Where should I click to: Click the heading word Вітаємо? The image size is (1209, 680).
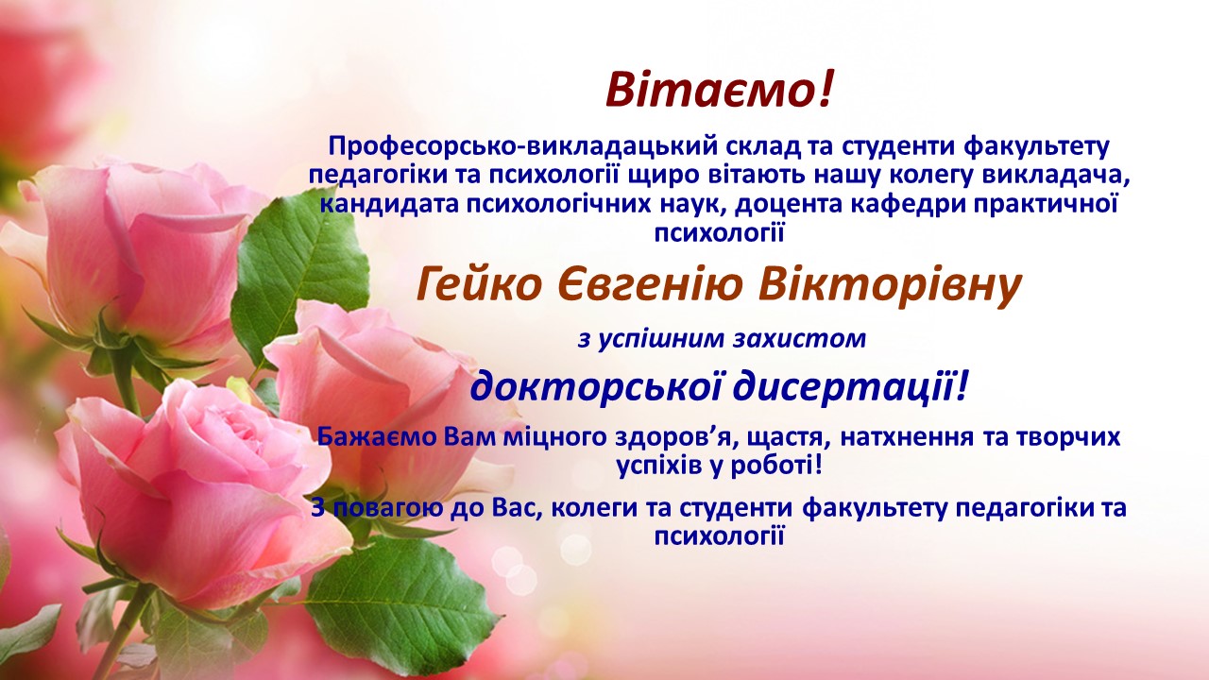point(721,90)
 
